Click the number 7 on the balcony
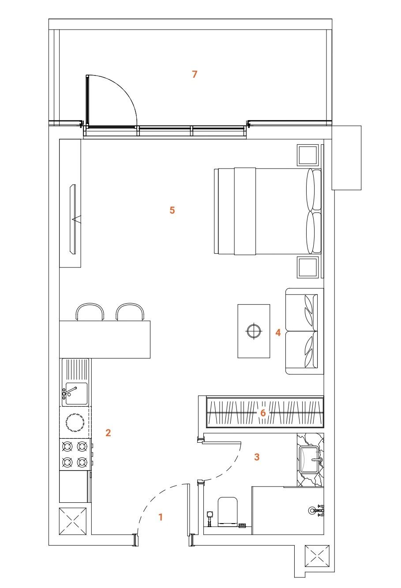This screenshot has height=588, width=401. tap(195, 74)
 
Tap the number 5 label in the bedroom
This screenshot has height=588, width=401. tap(172, 210)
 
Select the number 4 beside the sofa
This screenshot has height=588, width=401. tap(278, 332)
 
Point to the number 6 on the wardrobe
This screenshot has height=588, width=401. tap(263, 413)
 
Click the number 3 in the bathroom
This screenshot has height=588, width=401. tap(257, 457)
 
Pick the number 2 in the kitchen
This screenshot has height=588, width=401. tap(108, 433)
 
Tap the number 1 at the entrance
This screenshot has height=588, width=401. tap(161, 517)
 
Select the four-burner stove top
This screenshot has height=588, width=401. tap(75, 454)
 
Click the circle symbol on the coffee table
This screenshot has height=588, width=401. tap(254, 331)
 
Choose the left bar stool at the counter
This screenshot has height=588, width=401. tap(90, 312)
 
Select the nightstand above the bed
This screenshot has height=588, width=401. tap(307, 155)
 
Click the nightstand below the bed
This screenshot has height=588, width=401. tap(307, 267)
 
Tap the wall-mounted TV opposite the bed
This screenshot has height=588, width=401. tap(73, 219)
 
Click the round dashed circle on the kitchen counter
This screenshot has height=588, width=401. tap(75, 423)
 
